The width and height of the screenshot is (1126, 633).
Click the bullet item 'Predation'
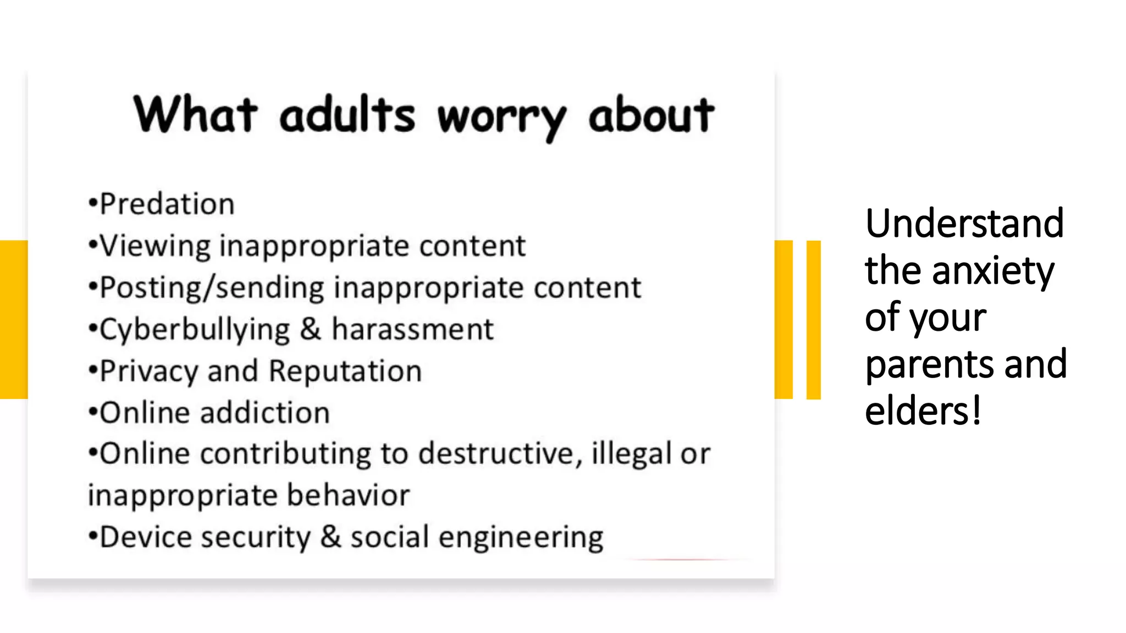pos(167,204)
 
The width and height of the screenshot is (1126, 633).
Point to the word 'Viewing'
pos(155,246)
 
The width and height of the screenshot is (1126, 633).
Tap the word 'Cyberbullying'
pos(195,330)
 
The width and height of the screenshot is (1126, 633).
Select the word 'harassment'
pos(412,329)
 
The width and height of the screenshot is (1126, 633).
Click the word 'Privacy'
pos(148,371)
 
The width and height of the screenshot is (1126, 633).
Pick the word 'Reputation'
pos(345,371)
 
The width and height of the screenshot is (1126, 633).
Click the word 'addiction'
pos(265,413)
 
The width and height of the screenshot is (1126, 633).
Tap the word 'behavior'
pos(348,495)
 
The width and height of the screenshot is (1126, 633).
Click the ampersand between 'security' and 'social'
pos(330,537)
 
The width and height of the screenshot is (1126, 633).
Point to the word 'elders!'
pos(923,410)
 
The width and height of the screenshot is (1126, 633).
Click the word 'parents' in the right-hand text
pos(929,364)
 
